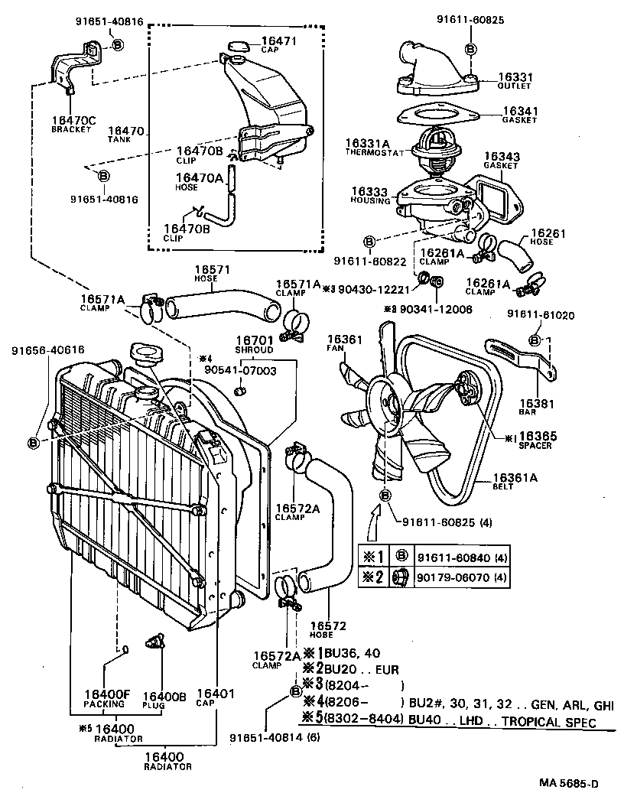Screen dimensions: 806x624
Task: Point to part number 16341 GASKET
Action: point(521,111)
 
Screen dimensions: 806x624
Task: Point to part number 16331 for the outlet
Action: point(515,77)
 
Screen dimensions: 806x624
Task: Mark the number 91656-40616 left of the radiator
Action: point(47,350)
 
